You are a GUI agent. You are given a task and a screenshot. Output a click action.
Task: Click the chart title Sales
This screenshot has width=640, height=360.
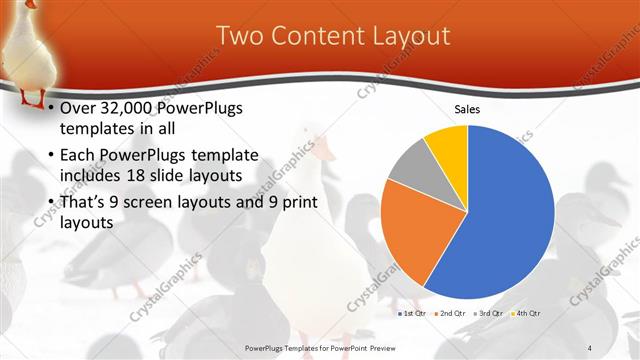(x=467, y=109)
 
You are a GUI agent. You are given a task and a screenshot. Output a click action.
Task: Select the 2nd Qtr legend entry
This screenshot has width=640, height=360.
(x=450, y=313)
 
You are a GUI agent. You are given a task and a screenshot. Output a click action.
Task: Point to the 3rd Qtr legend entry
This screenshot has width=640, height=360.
(x=489, y=313)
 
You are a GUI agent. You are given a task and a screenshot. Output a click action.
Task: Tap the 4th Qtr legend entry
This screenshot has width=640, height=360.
(x=527, y=313)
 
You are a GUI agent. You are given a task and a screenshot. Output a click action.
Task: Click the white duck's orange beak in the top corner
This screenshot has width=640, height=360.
(x=31, y=4)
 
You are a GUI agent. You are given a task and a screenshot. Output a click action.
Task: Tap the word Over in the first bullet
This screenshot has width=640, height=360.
(x=79, y=107)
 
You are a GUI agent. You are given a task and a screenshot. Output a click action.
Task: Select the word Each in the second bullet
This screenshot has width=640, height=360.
(x=79, y=155)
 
